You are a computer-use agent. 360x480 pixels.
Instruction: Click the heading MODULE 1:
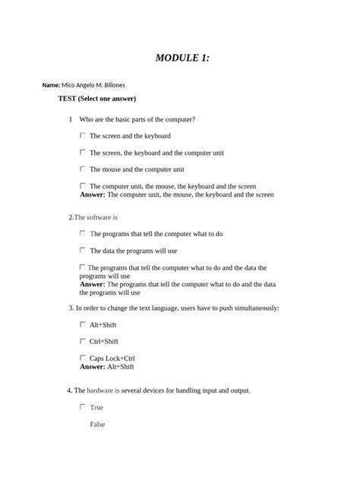click(x=182, y=58)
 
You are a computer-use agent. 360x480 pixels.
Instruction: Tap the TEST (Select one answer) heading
click(x=96, y=99)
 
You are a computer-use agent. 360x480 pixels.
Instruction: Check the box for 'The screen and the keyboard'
click(x=83, y=135)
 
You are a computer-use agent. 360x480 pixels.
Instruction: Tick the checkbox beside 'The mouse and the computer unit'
click(x=83, y=169)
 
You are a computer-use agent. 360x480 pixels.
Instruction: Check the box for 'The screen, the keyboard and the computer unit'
click(x=83, y=152)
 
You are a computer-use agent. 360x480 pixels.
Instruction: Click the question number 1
click(x=70, y=119)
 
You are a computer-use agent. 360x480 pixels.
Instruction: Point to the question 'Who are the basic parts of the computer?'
click(x=137, y=119)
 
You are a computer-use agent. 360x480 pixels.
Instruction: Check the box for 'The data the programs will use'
click(x=83, y=250)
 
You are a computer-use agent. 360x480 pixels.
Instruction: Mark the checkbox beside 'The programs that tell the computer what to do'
click(x=83, y=233)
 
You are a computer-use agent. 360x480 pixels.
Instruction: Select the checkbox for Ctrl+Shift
click(x=83, y=341)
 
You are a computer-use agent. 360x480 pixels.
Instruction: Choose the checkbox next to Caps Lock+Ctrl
click(x=83, y=357)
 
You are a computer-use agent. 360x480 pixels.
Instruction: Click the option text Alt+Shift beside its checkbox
click(x=103, y=325)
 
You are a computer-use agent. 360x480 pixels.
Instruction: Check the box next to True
click(x=83, y=407)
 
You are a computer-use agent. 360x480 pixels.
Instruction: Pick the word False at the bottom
click(x=97, y=424)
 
